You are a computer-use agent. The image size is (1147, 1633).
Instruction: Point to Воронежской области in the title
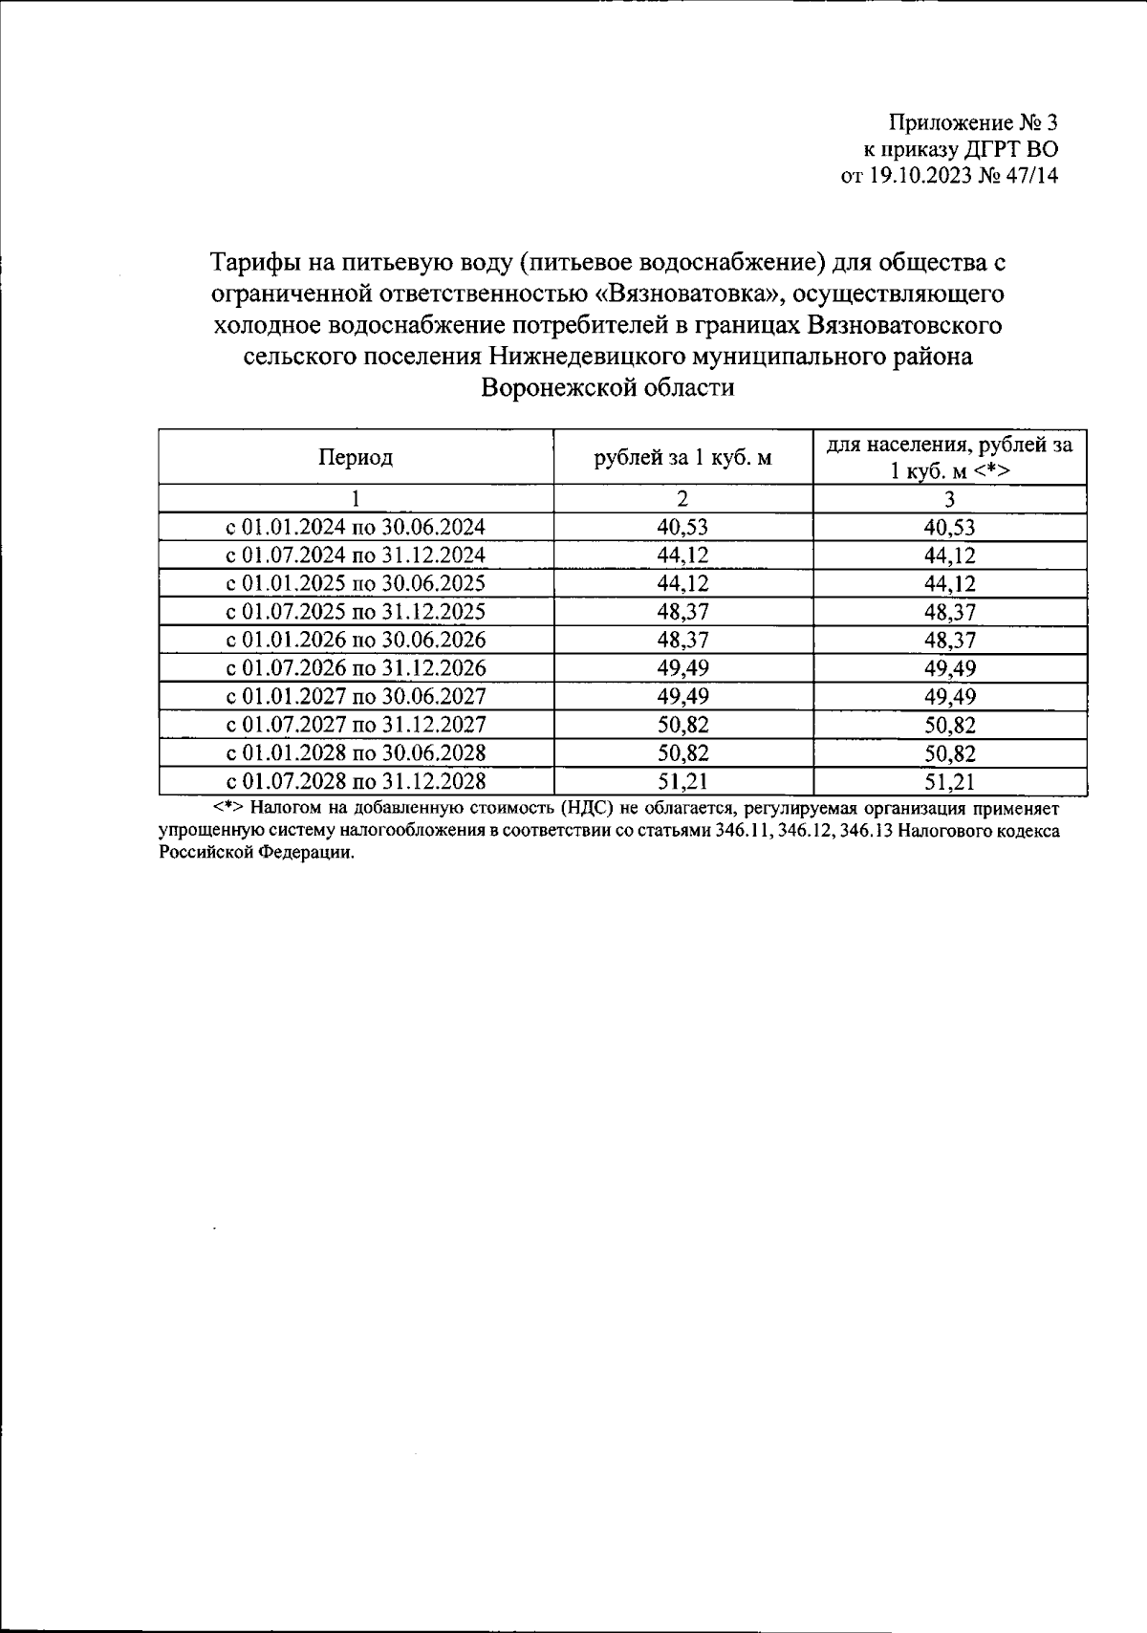click(x=608, y=388)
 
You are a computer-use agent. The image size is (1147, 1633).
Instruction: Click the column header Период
click(x=356, y=457)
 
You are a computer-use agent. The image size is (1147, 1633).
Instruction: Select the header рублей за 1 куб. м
click(x=682, y=457)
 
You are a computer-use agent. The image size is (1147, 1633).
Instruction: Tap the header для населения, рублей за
click(x=948, y=445)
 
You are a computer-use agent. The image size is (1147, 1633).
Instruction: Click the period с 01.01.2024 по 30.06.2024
click(x=356, y=527)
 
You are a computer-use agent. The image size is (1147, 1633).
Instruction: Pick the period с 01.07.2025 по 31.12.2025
click(x=356, y=612)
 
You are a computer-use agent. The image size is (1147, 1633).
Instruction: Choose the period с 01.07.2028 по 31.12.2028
click(x=356, y=782)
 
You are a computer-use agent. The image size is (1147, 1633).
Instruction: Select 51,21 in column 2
click(x=682, y=782)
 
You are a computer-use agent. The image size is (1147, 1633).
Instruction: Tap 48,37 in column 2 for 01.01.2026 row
click(x=682, y=640)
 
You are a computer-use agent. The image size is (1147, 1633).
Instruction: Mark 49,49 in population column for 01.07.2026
click(x=949, y=668)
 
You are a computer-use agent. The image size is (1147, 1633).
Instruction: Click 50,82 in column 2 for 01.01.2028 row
click(x=682, y=753)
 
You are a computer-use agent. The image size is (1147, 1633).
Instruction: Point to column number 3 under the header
click(x=949, y=499)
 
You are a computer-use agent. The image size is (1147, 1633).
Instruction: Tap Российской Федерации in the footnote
click(x=256, y=853)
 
